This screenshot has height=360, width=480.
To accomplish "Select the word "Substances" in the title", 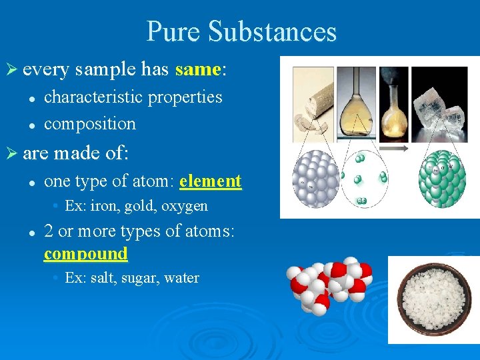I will pyautogui.click(x=272, y=31).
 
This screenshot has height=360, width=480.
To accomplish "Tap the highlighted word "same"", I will pyautogui.click(x=197, y=69).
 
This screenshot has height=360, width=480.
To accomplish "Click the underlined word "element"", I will pyautogui.click(x=210, y=181).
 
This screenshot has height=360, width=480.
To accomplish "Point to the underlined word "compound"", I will pyautogui.click(x=85, y=253).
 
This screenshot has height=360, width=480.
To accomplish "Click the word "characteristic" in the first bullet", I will pyautogui.click(x=93, y=97).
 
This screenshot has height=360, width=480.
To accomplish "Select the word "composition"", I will pyautogui.click(x=89, y=123).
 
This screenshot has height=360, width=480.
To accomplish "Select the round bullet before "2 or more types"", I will pyautogui.click(x=31, y=232).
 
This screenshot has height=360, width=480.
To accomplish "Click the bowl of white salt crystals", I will pyautogui.click(x=433, y=299).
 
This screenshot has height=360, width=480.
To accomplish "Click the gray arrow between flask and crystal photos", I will pyautogui.click(x=400, y=150).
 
